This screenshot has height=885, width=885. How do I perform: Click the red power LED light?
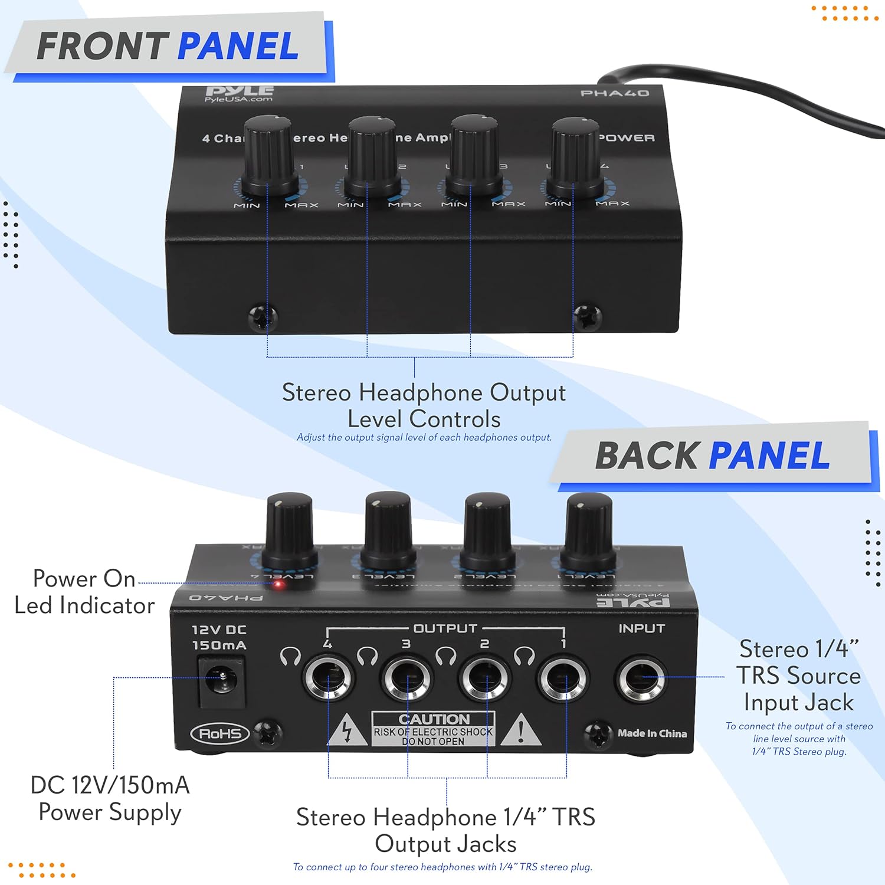(278, 585)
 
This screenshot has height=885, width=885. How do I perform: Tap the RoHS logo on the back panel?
(219, 734)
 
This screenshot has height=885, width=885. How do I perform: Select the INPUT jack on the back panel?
(641, 679)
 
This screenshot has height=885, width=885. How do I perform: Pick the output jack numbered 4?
(328, 678)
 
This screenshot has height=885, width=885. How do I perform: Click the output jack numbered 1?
(563, 678)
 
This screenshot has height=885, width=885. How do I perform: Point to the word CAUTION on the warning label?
(434, 719)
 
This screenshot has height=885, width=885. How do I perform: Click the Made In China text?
(652, 733)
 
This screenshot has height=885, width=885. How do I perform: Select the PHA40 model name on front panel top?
(614, 93)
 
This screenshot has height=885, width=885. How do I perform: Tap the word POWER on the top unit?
(627, 138)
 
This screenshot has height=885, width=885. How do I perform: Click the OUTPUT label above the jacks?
(445, 628)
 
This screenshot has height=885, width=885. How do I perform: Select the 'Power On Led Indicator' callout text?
(84, 592)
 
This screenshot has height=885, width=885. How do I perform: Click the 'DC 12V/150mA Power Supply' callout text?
(110, 798)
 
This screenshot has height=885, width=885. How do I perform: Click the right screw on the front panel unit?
(588, 317)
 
